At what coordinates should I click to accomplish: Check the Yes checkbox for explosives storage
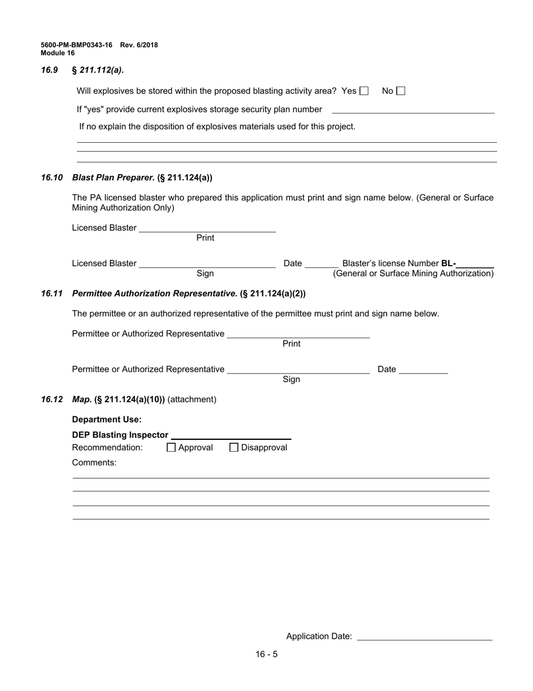point(364,91)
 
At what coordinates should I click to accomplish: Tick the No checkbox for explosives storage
point(401,91)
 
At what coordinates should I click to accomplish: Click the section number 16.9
point(49,70)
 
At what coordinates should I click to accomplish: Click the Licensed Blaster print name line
point(207,228)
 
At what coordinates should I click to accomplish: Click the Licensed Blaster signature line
point(207,263)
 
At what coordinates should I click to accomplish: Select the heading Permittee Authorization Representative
point(155,293)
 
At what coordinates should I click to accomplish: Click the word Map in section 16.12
point(82,399)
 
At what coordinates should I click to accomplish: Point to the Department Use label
point(107,420)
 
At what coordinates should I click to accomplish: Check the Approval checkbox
point(172,448)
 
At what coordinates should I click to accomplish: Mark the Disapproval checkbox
point(234,448)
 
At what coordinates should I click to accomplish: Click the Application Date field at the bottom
point(424,637)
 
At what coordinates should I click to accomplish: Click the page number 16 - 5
point(266,654)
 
